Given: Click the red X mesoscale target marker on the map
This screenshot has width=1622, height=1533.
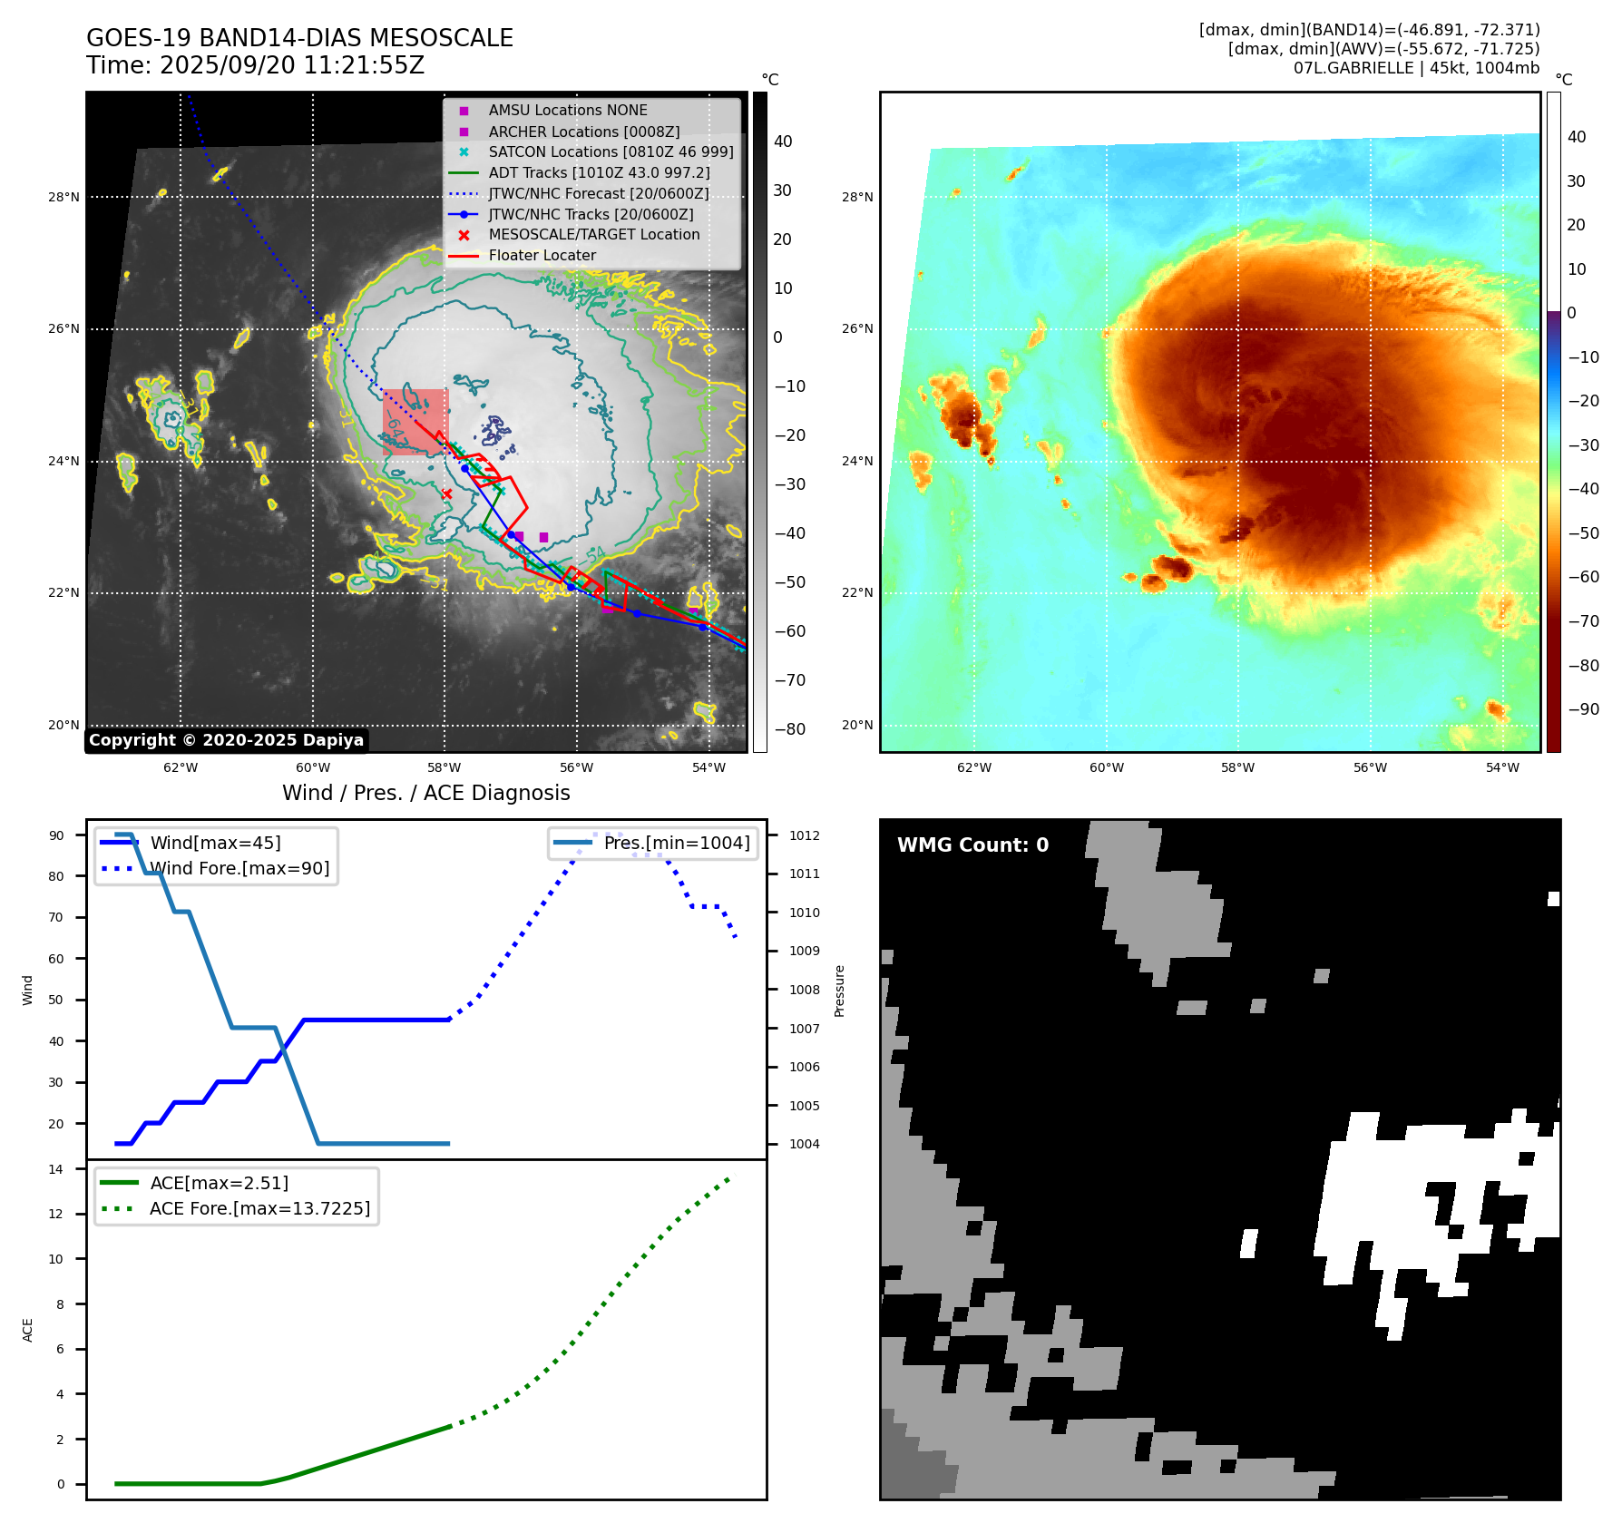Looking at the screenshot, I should [x=446, y=493].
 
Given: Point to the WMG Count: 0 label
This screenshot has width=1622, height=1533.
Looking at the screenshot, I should [x=972, y=845].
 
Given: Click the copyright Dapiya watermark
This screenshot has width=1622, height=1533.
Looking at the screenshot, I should [x=226, y=740].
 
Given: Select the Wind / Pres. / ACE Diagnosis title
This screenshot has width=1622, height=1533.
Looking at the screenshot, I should [x=426, y=793].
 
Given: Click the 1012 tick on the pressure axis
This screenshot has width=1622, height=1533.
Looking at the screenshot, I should [x=804, y=835].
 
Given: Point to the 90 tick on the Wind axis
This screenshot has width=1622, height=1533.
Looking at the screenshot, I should [x=56, y=835].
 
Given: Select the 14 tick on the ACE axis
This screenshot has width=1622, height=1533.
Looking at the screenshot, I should [x=56, y=1169].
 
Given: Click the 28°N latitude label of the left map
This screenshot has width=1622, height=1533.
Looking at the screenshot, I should [x=64, y=197].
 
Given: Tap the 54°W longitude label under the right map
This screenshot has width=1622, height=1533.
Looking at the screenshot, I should [x=1502, y=767].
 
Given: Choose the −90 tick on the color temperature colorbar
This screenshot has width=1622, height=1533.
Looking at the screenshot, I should [x=1583, y=709].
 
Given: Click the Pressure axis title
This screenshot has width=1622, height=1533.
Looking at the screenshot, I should [x=840, y=991].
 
